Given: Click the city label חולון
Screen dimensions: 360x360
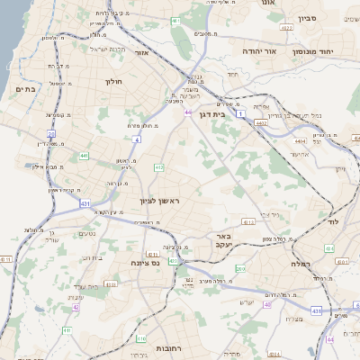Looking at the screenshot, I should tap(113, 82).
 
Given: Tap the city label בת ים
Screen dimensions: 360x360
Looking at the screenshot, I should tap(25, 88).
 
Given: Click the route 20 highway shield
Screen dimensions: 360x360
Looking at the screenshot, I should tap(51, 133).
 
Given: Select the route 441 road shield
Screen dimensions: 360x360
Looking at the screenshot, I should tap(84, 156).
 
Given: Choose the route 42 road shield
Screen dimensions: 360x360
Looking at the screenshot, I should tap(76, 307).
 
